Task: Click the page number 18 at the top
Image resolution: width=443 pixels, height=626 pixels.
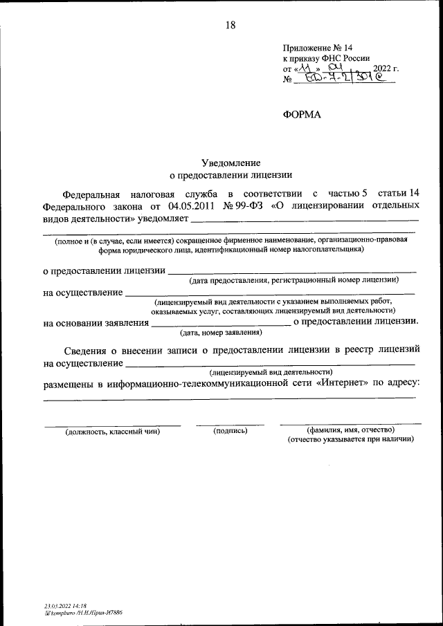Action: pyautogui.click(x=230, y=26)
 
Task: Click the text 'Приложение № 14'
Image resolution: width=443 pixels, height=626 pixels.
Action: pyautogui.click(x=318, y=47)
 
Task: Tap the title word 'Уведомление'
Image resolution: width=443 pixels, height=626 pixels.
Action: pyautogui.click(x=231, y=163)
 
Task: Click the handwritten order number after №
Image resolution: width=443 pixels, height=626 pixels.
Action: pyautogui.click(x=343, y=80)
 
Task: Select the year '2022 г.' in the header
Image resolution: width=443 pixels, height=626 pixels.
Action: pyautogui.click(x=386, y=68)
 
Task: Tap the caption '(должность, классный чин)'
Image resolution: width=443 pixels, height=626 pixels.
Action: pyautogui.click(x=113, y=432)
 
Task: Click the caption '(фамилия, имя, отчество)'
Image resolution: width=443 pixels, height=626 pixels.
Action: pyautogui.click(x=351, y=430)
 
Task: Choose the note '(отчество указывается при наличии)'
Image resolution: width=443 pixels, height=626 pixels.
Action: pyautogui.click(x=351, y=439)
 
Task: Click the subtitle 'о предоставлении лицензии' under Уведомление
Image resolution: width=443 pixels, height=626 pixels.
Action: pyautogui.click(x=231, y=176)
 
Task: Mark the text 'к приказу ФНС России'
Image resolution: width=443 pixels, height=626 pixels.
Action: pyautogui.click(x=326, y=58)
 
